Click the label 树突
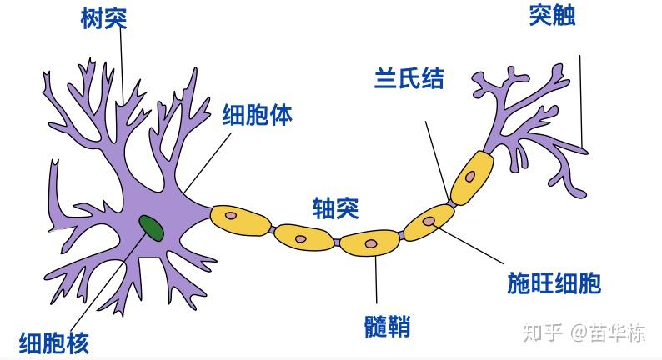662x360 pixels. (x=103, y=17)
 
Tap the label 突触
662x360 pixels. (x=552, y=15)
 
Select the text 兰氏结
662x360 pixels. (x=408, y=80)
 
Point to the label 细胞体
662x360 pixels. (x=257, y=115)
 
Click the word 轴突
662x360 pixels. (x=335, y=208)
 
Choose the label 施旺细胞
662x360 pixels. (x=554, y=283)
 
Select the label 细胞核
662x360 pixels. (x=54, y=342)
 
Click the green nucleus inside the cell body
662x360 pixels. (x=151, y=225)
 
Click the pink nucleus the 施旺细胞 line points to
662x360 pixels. (x=430, y=222)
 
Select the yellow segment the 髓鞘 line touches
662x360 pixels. (x=370, y=242)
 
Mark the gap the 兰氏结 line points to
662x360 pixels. (x=450, y=201)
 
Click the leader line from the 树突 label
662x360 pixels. (x=122, y=67)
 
